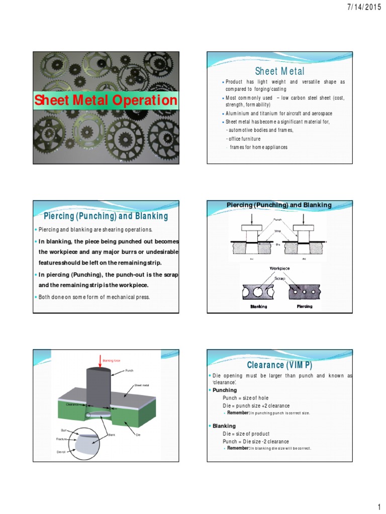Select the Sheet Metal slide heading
coord(280,71)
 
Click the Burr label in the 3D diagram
coord(63,431)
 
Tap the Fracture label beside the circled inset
coord(62,439)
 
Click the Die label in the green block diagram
coord(138,435)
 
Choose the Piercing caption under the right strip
coord(305,306)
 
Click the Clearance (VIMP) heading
coord(279,365)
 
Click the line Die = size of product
coord(246,434)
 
